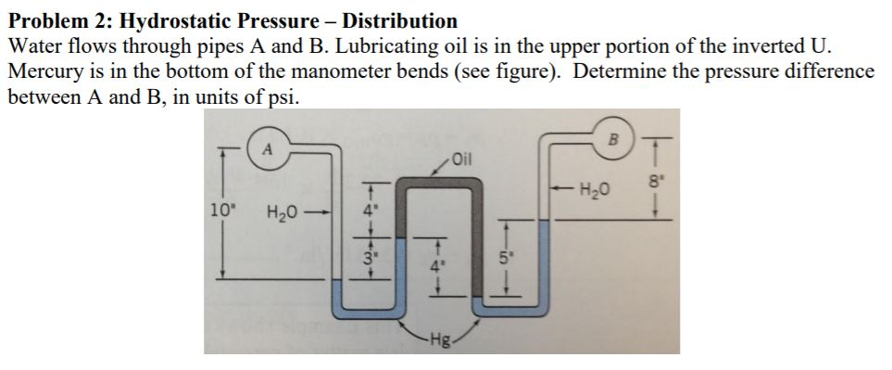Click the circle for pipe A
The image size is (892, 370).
[268, 147]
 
